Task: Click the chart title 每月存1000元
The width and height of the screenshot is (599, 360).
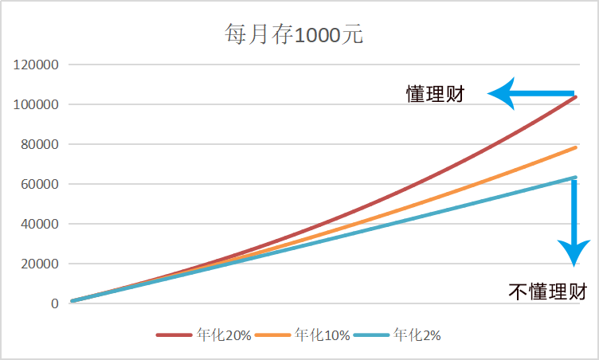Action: pos(295,36)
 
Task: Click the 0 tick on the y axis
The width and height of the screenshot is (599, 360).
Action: pos(55,303)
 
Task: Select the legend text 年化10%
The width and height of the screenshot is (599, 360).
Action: pos(322,335)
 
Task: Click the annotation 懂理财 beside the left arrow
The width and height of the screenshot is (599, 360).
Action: pos(435,95)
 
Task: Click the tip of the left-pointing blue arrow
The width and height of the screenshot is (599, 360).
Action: pos(489,94)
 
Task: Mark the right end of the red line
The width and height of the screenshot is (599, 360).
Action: pos(576,96)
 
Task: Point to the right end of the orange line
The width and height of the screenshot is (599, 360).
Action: pos(576,147)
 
